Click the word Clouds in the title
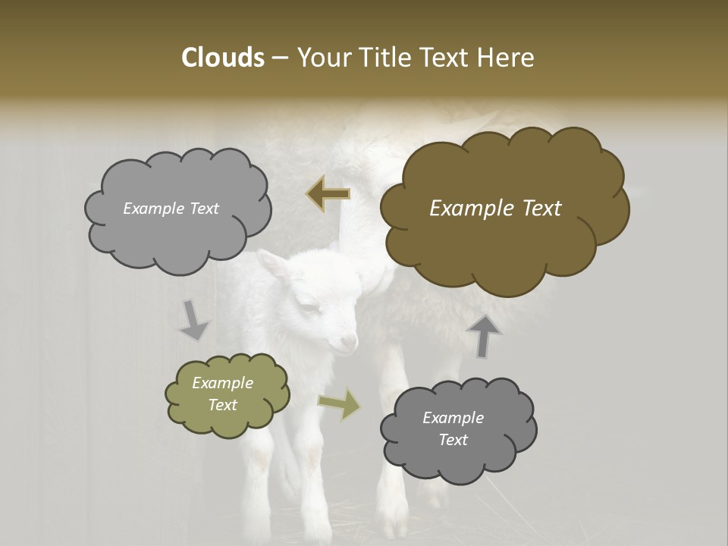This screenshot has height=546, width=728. pos(222,58)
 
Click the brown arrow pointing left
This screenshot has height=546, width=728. pos(328,195)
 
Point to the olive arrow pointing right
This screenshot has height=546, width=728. pos(339,405)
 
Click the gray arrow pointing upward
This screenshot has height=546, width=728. pos(484,336)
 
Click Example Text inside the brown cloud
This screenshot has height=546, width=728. pos(495,209)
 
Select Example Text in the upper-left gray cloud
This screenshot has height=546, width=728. pos(171,209)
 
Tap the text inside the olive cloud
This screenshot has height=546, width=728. pos(222,394)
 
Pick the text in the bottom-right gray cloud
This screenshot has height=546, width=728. pos(453,428)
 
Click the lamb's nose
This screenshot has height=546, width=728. pos(351,343)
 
